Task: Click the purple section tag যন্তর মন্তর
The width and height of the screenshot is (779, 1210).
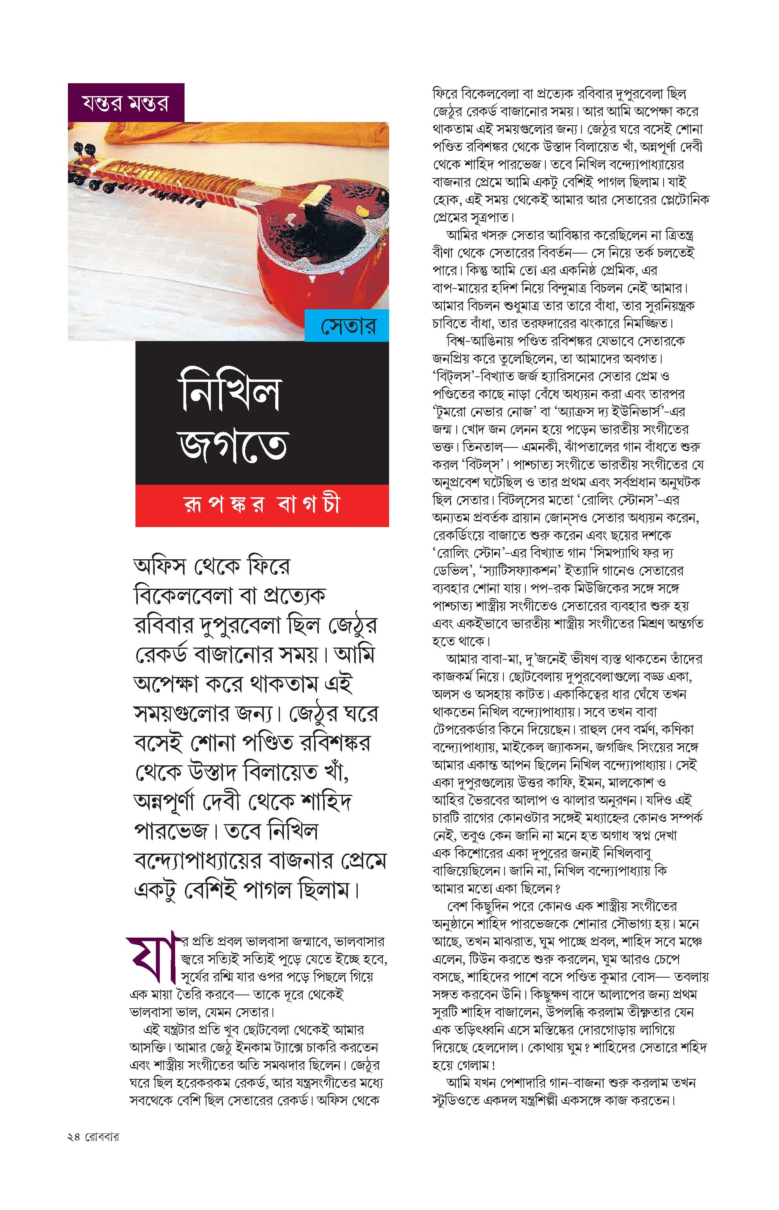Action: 126,103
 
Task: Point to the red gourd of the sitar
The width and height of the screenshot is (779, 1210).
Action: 324,288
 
